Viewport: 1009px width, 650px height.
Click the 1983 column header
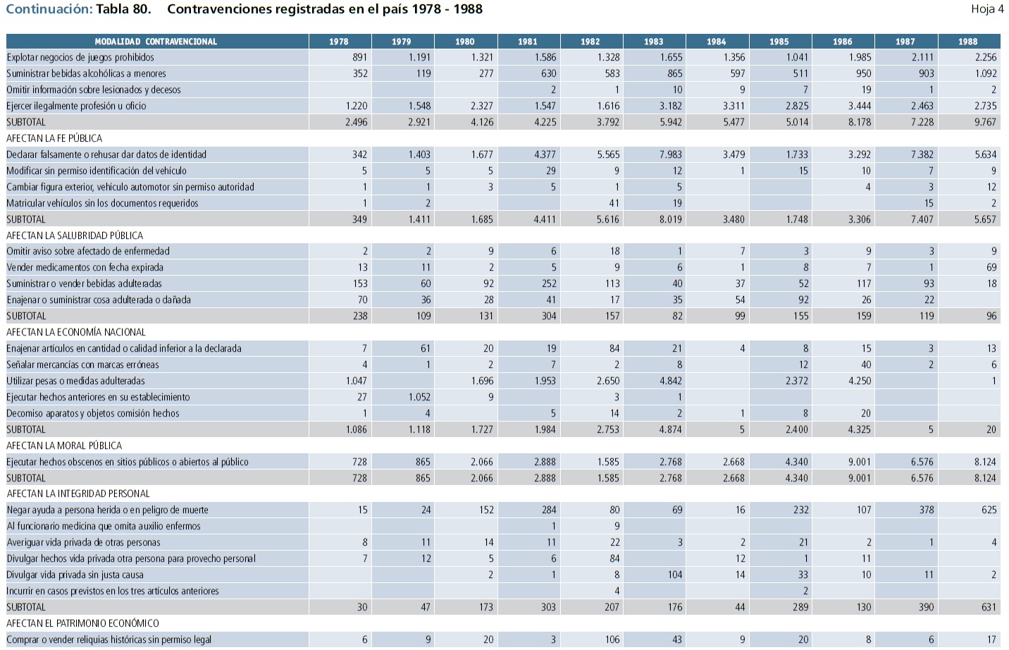(653, 42)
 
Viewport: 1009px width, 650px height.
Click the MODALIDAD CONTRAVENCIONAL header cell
(156, 42)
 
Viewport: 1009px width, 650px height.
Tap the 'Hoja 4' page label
(986, 9)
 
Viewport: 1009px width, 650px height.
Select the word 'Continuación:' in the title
(49, 9)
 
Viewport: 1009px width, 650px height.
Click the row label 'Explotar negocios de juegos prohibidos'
(80, 58)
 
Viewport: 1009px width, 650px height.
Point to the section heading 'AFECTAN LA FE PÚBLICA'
(54, 138)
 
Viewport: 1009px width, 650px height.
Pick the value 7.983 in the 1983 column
(670, 154)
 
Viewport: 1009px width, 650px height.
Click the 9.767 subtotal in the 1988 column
(985, 122)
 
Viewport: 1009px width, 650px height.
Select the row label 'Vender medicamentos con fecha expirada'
(85, 267)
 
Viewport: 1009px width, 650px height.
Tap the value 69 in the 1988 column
(991, 267)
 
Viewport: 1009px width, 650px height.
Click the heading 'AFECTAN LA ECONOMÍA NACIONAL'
(76, 332)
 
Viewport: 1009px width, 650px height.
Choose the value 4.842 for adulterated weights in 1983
(670, 381)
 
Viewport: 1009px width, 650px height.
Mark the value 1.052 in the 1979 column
(419, 397)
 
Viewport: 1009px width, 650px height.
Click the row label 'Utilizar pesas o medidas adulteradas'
(75, 381)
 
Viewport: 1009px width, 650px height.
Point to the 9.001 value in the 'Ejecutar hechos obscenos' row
(859, 462)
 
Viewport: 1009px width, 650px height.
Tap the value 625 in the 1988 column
(989, 510)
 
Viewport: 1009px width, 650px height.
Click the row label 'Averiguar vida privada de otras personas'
(84, 542)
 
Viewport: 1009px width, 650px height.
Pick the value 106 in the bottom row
(612, 639)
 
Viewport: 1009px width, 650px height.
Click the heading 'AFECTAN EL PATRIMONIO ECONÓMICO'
(82, 623)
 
